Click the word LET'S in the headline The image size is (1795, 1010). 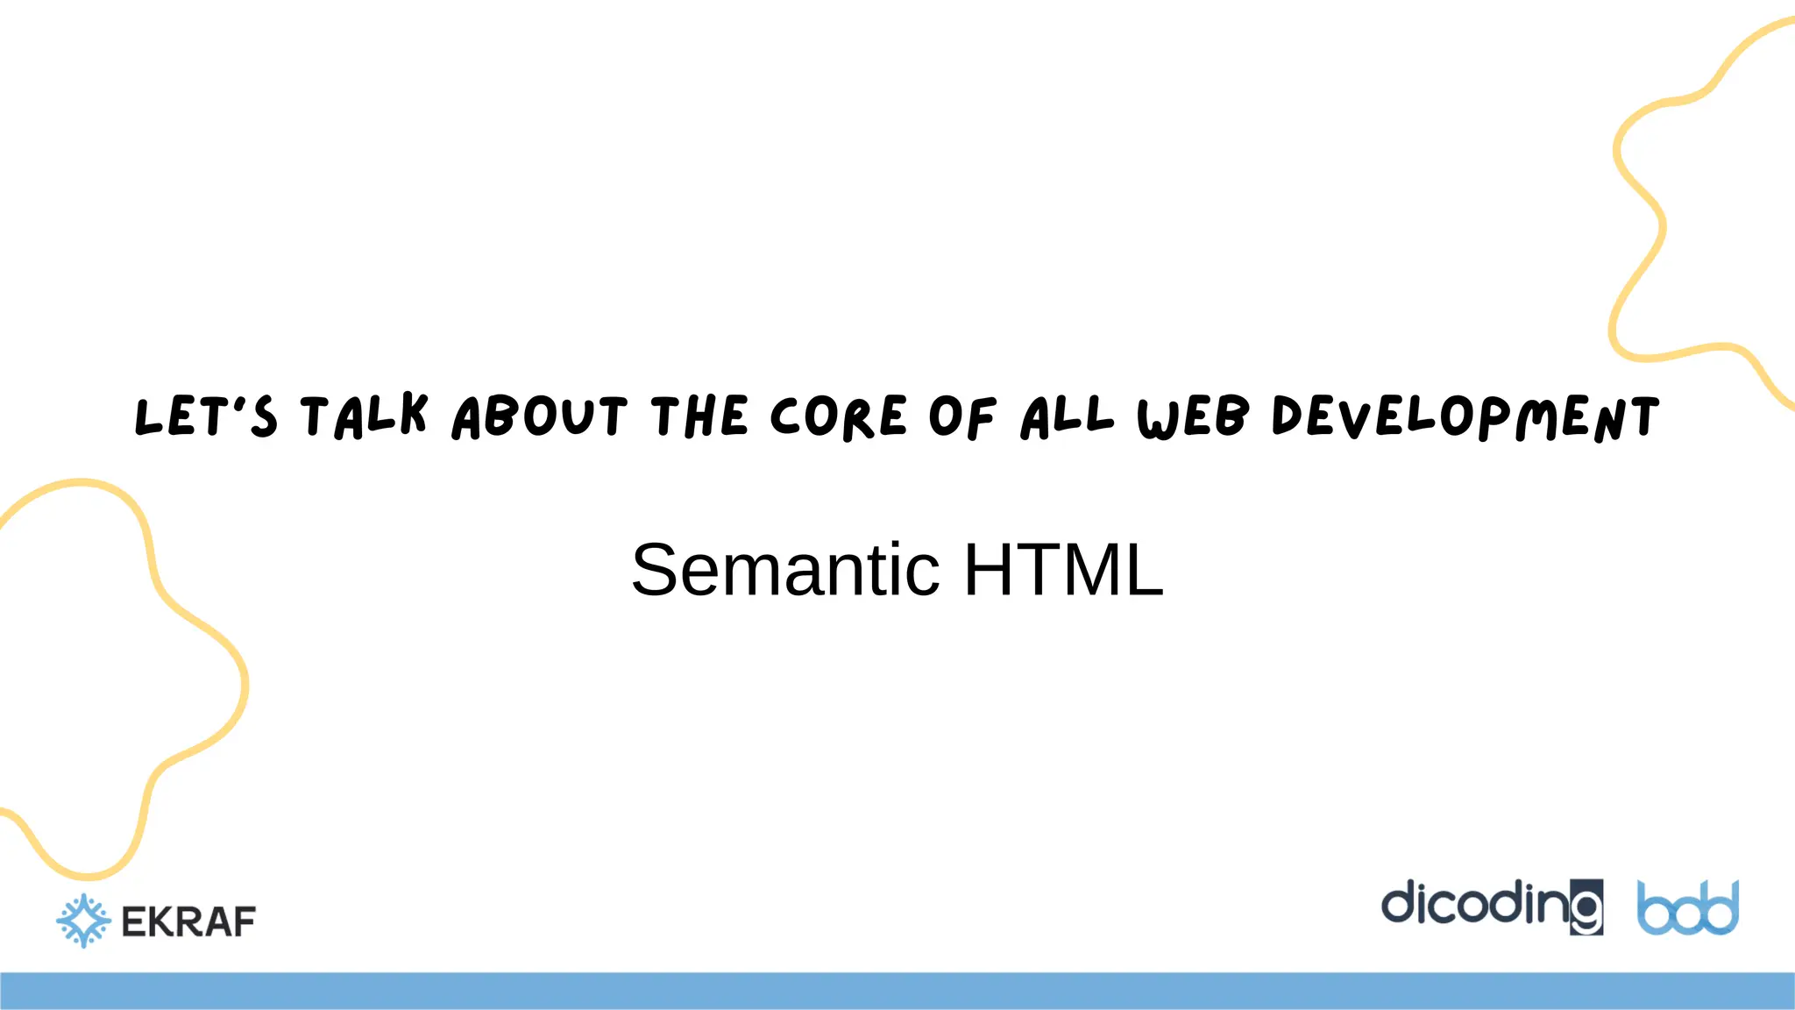tap(206, 416)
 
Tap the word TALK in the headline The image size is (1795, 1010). tap(364, 416)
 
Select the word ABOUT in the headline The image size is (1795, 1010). tap(540, 416)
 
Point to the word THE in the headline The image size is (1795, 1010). tap(699, 416)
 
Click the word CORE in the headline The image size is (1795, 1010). tap(838, 416)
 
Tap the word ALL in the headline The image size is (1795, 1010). tap(1067, 416)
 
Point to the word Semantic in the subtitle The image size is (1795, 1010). tap(785, 570)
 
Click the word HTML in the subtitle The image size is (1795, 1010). tap(1064, 570)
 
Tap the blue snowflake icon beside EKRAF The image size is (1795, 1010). tap(83, 921)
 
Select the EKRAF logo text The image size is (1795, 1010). tap(188, 921)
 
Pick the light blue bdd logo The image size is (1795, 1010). tap(1688, 908)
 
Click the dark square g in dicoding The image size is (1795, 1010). tap(1586, 907)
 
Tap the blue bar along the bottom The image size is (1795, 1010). tap(897, 991)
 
